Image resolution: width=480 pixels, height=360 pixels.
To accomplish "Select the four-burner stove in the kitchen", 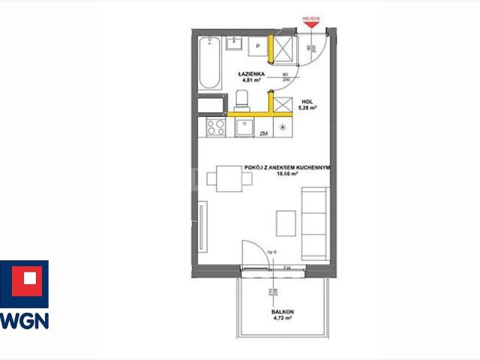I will (x=215, y=127).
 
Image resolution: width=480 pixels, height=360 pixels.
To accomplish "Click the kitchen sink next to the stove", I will (x=244, y=128).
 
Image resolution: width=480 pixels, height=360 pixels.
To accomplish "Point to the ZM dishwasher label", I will (x=263, y=133).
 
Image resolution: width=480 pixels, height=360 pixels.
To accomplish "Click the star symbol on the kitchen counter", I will (x=282, y=127).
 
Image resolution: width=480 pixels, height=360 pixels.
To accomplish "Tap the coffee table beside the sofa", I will (x=286, y=223).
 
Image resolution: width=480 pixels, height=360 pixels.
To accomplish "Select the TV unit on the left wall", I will (x=202, y=229).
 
